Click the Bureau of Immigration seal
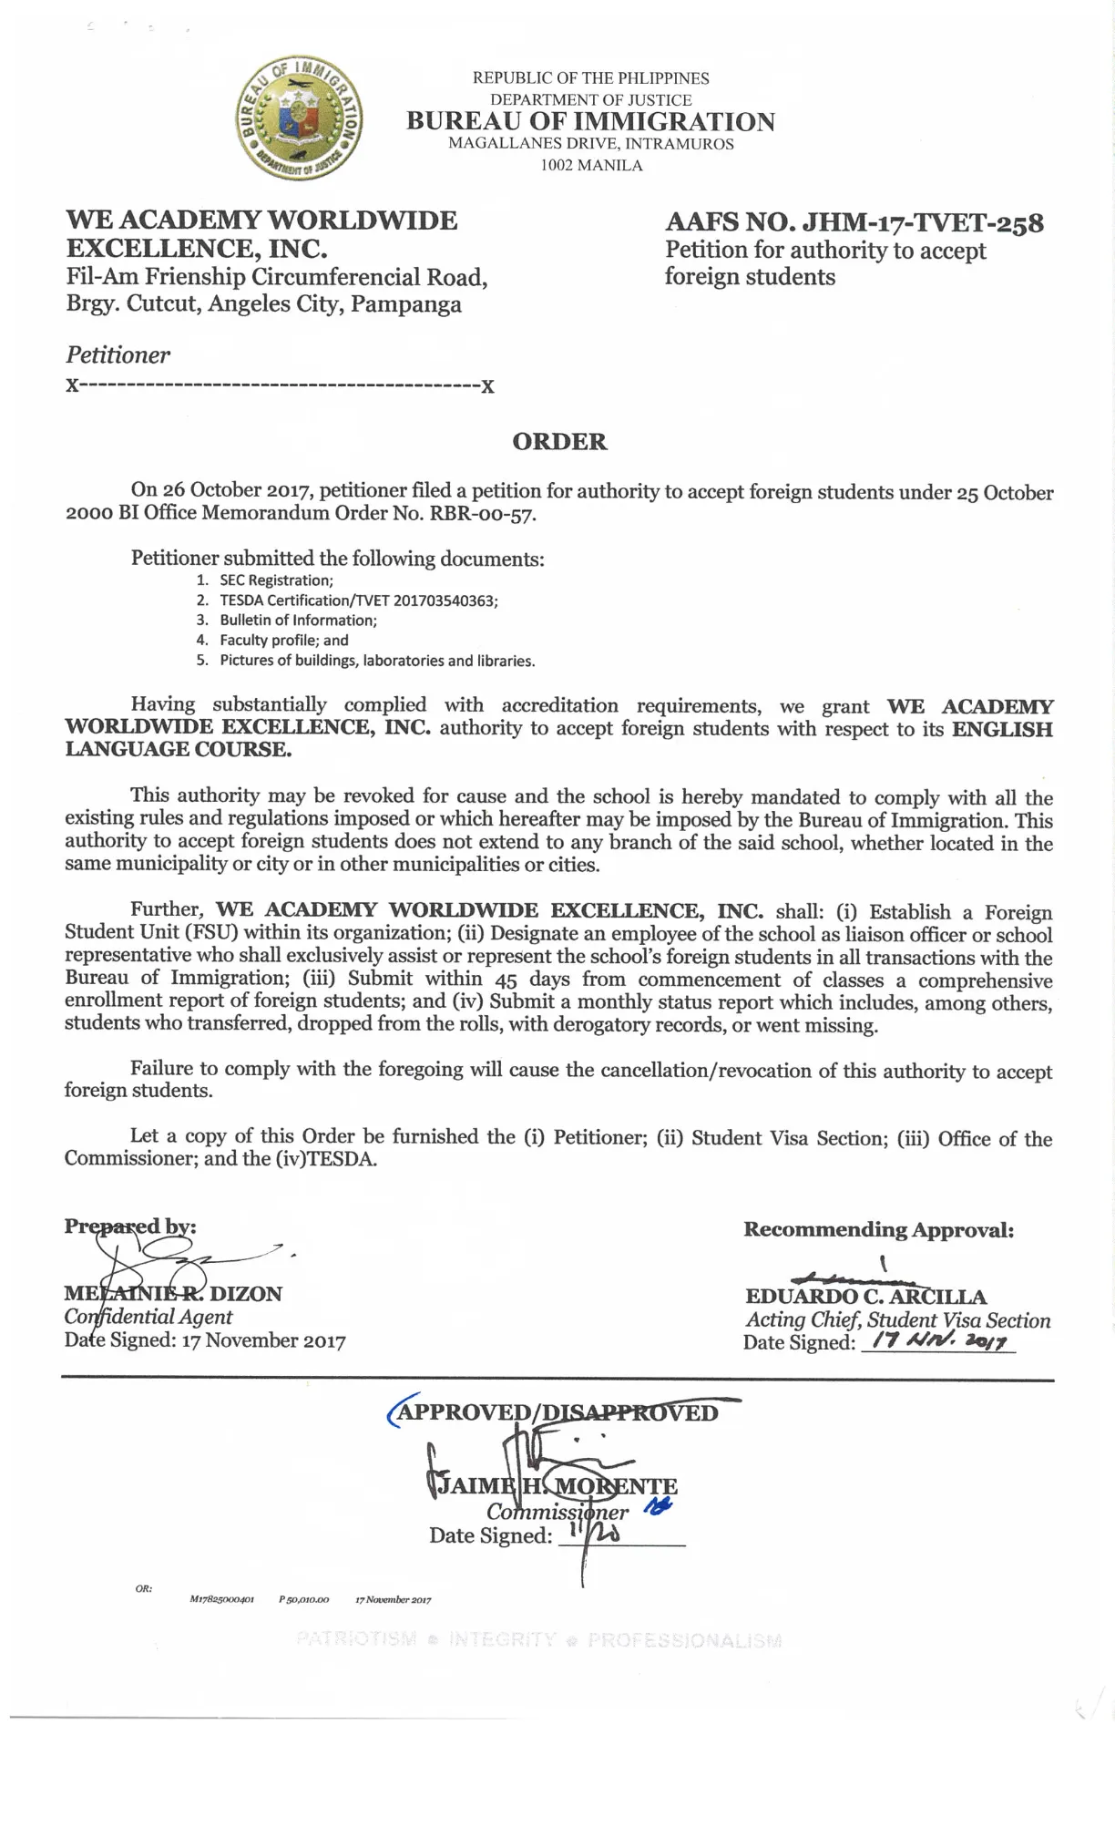tap(299, 118)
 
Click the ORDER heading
tap(559, 442)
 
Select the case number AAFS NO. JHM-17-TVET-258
tap(854, 222)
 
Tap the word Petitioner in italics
tap(118, 355)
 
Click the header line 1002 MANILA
tap(591, 166)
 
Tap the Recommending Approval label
tap(878, 1230)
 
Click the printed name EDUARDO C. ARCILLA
tap(865, 1297)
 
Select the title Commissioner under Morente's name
tap(557, 1512)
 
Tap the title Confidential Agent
tap(148, 1317)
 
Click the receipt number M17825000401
tap(221, 1599)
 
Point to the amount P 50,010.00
tap(303, 1599)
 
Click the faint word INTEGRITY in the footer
tap(502, 1640)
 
